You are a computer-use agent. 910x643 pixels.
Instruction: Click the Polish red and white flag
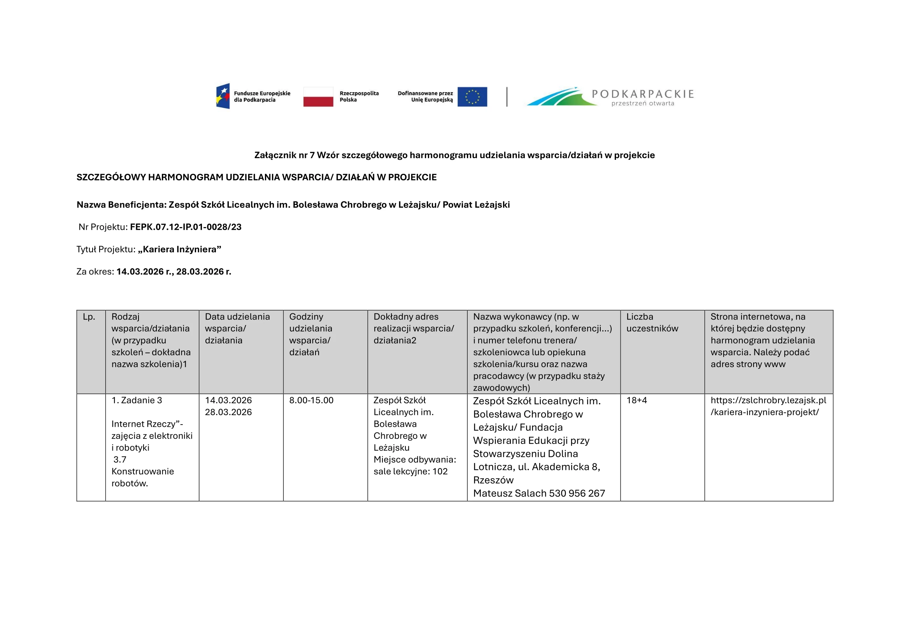(318, 97)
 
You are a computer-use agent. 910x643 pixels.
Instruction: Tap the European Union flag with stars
(472, 97)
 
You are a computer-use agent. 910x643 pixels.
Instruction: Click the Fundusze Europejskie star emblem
(223, 96)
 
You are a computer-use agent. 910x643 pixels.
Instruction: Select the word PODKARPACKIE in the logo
(642, 94)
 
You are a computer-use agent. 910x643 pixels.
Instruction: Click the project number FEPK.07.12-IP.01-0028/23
(186, 227)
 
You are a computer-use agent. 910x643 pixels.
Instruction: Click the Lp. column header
(89, 317)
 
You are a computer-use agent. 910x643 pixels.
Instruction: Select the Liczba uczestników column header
(652, 322)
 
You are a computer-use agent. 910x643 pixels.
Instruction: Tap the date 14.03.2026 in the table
(228, 400)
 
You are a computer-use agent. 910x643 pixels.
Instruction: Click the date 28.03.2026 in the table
(228, 412)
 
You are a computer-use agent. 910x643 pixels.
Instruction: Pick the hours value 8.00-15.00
(311, 400)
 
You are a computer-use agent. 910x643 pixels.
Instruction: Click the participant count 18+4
(636, 400)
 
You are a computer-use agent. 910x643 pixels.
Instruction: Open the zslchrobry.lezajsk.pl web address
(768, 406)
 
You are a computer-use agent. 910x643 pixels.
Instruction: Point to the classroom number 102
(440, 472)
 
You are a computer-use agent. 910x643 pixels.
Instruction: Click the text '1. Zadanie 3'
(137, 400)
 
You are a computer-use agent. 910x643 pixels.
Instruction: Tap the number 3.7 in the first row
(120, 460)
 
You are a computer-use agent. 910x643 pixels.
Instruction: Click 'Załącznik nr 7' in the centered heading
(284, 155)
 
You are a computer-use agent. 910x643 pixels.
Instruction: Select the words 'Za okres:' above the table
(95, 272)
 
